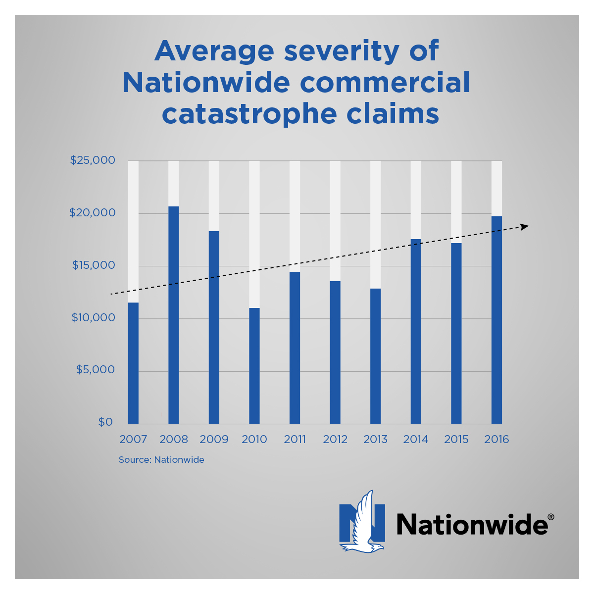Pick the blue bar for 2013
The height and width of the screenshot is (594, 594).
click(376, 356)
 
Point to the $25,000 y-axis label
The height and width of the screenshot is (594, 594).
click(93, 160)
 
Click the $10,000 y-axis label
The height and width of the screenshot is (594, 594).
click(93, 318)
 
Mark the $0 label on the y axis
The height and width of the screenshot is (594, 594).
click(105, 422)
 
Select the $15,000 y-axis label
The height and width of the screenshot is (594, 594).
click(93, 265)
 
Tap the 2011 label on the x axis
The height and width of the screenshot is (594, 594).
click(295, 440)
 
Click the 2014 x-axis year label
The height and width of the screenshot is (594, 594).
click(416, 440)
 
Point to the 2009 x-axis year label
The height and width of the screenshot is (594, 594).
click(214, 440)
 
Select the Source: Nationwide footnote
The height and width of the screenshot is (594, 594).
click(161, 460)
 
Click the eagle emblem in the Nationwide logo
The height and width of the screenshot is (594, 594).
click(362, 522)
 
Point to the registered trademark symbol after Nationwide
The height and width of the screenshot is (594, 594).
click(550, 517)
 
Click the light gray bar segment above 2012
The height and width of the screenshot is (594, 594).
click(335, 221)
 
